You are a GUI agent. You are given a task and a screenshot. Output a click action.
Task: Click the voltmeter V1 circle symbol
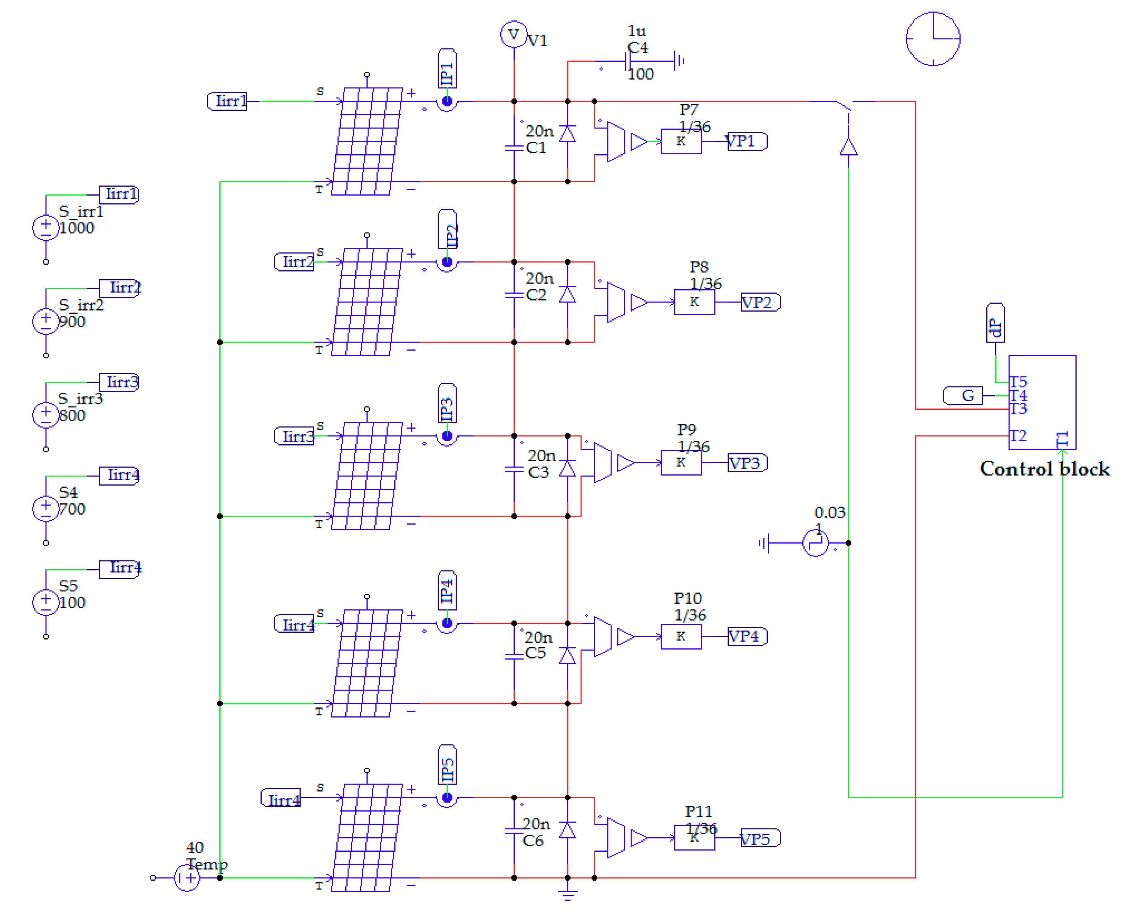coord(513,34)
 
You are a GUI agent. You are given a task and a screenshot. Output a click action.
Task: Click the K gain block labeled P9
coord(681,463)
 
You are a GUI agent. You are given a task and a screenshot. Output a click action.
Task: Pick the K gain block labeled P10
coord(681,637)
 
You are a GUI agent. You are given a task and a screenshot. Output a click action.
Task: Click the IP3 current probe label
coord(447,404)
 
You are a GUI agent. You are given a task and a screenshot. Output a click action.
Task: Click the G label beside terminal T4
coord(963,395)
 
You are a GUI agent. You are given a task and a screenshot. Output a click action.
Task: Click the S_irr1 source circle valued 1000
coord(46,227)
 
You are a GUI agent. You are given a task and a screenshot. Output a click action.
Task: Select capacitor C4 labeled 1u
coord(629,61)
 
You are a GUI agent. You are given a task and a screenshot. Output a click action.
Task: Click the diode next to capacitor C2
coord(567,295)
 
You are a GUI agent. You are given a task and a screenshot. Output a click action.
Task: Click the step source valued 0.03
coord(815,543)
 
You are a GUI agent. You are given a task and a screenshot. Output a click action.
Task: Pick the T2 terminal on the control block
coord(1018,436)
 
